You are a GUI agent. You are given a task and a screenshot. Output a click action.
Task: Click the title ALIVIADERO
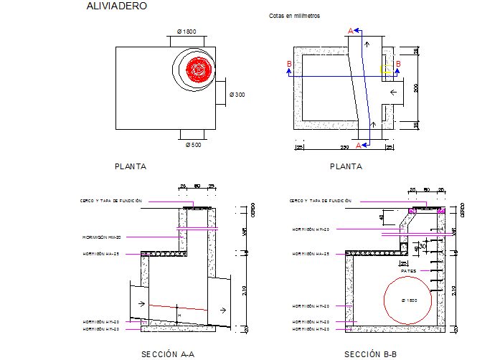pos(116,6)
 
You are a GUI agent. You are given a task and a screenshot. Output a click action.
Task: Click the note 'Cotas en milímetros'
pos(294,15)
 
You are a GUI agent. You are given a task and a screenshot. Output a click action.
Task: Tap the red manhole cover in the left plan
pos(197,70)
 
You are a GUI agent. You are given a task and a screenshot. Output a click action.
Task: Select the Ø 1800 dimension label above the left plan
pos(187,32)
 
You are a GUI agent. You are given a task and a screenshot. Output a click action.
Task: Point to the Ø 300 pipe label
pos(237,95)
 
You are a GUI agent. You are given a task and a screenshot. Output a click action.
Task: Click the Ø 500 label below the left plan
pos(193,146)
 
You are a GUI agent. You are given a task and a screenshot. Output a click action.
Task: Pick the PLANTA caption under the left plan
pos(131,166)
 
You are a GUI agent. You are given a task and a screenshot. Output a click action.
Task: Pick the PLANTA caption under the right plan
pos(346,166)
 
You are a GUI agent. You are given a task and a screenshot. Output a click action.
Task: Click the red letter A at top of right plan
pos(350,30)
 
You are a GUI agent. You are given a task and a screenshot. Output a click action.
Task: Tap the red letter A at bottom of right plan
pos(358,145)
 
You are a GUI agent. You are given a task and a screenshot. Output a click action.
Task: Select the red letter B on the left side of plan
pos(288,65)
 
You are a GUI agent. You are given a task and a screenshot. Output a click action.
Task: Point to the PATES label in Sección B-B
pos(409,271)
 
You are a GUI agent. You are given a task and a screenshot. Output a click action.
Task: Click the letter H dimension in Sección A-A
pos(179,313)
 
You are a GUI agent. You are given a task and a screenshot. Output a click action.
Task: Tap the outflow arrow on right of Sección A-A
pos(223,309)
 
